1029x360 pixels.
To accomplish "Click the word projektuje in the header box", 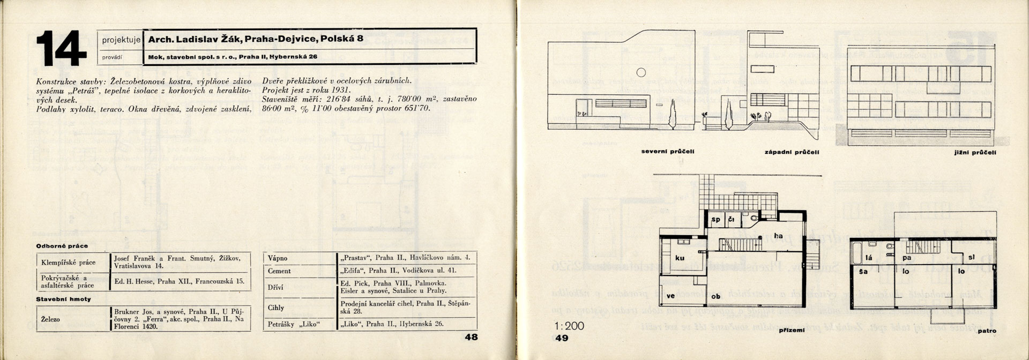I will tap(121, 39).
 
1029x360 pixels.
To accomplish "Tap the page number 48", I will tap(471, 337).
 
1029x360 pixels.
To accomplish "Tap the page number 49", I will tap(562, 338).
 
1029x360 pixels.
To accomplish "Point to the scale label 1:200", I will tap(570, 326).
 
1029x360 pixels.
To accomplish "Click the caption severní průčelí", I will tap(668, 152).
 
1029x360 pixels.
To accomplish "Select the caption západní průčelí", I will tap(792, 152).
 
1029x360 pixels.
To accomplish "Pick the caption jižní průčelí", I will tap(978, 153).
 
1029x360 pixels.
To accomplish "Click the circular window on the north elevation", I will tap(640, 72).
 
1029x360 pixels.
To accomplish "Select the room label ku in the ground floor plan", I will tap(680, 258).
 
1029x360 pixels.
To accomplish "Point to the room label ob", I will tap(715, 296).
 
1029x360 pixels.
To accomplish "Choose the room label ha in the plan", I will tap(779, 236).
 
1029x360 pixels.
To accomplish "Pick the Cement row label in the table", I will tap(279, 271).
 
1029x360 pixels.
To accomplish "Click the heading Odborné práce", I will tap(58, 246).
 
